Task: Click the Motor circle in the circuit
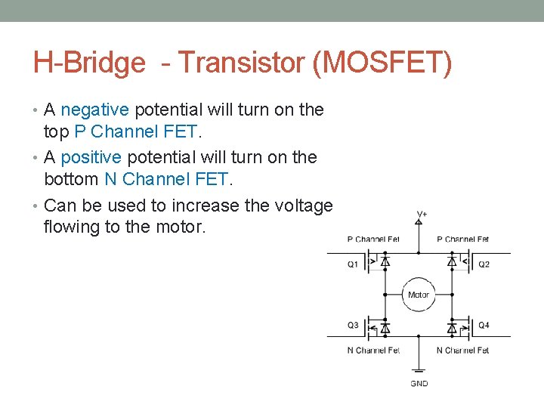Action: (418, 295)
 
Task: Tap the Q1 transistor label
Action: (353, 264)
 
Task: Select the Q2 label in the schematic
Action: (484, 264)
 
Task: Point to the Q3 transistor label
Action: (353, 325)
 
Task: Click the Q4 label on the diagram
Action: (484, 325)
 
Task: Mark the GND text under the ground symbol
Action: (419, 384)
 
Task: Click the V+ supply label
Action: (422, 214)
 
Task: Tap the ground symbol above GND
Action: (419, 370)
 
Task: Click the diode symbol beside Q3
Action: (385, 328)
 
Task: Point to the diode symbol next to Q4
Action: (452, 328)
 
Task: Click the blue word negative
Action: (96, 110)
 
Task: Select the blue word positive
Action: (91, 157)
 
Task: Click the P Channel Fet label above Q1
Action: (373, 240)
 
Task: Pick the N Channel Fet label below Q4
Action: (462, 350)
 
